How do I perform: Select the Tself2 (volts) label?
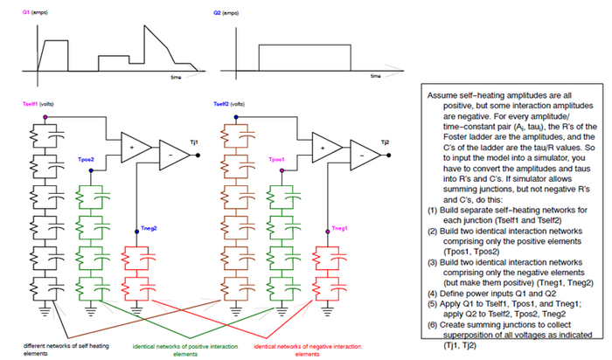[x=229, y=104]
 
